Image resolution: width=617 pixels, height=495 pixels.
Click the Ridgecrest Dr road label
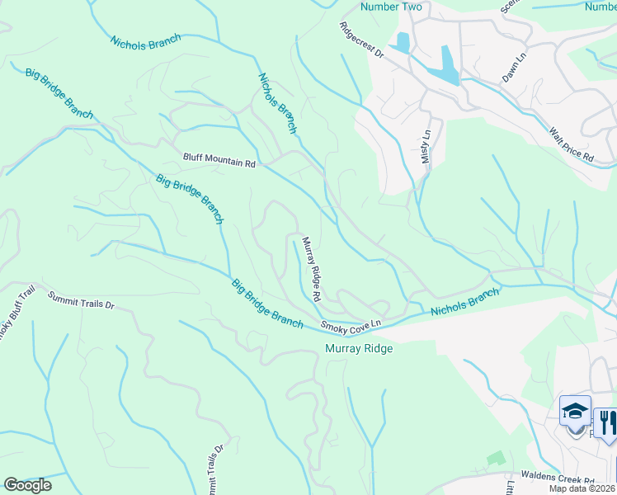[362, 40]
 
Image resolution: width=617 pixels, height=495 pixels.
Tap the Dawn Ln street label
[514, 69]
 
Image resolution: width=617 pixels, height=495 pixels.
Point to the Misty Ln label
[426, 145]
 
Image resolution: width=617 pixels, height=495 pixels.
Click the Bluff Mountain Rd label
[219, 164]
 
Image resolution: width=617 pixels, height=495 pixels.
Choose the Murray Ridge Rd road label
[311, 268]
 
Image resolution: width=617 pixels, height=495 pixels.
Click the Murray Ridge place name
[358, 349]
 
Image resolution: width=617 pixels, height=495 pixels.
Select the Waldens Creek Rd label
[565, 479]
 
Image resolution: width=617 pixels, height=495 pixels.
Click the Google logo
[27, 484]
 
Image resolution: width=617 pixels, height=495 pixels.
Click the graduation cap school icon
[575, 410]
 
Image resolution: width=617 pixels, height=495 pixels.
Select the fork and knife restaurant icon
[606, 422]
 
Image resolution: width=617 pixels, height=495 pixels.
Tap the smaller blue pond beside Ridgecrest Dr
[403, 42]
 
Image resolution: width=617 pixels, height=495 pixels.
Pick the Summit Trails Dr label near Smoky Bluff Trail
[80, 299]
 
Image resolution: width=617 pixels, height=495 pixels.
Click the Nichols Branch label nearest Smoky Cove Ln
[465, 303]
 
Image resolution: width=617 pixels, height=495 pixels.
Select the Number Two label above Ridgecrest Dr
[391, 7]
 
